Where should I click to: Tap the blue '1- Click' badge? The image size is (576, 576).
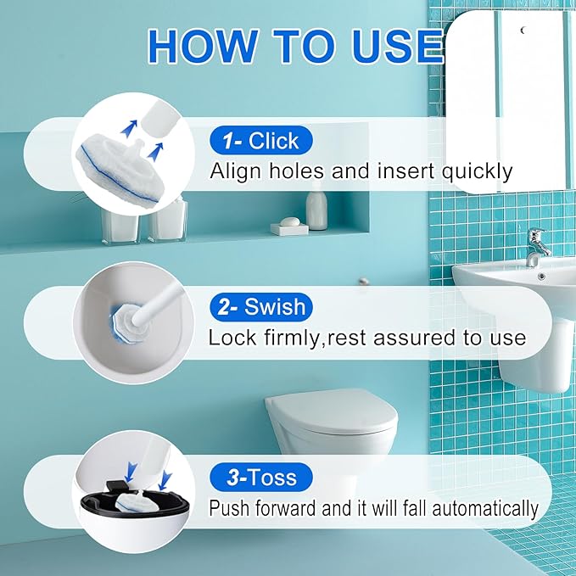coord(260,140)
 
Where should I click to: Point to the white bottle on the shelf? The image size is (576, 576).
coord(316,209)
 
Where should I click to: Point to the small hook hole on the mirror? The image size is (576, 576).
coord(523,31)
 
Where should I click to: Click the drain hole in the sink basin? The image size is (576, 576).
coord(541,276)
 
